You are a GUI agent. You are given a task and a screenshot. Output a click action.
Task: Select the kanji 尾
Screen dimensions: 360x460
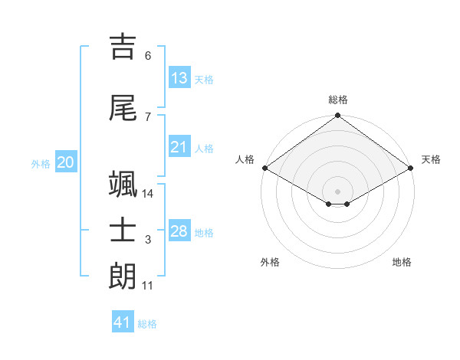coord(124,108)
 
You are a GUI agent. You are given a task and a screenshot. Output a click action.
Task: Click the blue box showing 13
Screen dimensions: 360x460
coord(179,78)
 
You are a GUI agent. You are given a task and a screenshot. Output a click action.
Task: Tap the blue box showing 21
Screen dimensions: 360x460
coord(179,147)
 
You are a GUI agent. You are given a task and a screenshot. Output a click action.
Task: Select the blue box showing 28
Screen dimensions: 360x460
coord(179,231)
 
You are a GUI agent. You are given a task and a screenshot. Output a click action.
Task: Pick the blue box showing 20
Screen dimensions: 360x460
coord(66,162)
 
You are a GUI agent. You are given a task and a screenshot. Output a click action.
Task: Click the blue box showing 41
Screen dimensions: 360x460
coord(123,322)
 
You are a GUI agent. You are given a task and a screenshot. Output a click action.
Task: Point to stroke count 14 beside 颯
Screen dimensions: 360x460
coord(148,193)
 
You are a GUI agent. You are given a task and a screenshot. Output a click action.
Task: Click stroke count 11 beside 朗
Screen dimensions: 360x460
coord(148,286)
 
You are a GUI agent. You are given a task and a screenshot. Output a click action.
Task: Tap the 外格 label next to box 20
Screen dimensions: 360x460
coord(41,164)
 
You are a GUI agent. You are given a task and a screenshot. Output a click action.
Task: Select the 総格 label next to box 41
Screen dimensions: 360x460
coord(147,324)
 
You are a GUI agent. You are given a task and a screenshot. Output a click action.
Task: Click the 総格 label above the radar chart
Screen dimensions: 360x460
coord(338,100)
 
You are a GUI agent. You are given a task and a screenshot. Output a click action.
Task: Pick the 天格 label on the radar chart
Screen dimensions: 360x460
coord(431,159)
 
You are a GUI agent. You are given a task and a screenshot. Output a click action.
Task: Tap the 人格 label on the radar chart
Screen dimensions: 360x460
coord(245,159)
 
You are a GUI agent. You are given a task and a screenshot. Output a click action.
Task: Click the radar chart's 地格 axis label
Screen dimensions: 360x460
coord(402,262)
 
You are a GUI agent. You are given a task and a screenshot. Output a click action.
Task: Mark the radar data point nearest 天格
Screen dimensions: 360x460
coord(412,168)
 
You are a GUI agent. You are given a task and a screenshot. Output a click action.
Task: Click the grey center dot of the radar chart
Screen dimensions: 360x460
coord(338,190)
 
